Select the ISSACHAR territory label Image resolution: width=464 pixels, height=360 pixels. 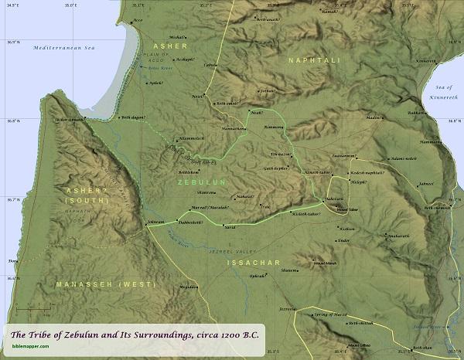pyautogui.click(x=251, y=263)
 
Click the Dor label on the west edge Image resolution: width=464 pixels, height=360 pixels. pyautogui.click(x=12, y=262)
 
